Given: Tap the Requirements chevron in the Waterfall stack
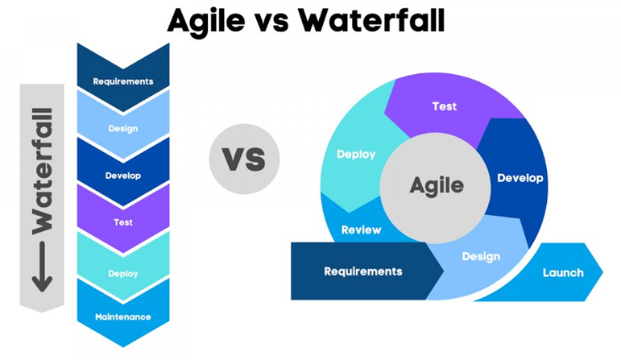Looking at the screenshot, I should coord(123,81).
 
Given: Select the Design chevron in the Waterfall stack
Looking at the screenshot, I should coord(123,128).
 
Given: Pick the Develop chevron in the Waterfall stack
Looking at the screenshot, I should coord(123,175).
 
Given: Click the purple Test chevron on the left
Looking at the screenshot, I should coord(123,221).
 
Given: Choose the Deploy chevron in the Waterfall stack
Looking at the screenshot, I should coord(123,273).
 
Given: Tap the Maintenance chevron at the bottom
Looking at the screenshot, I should coord(123,317).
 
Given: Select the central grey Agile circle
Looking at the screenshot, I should coord(437,186).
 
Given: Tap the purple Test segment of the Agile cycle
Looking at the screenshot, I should coord(445,106).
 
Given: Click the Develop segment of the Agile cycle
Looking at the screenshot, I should coord(519,178).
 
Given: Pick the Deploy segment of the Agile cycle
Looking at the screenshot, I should coord(355,154).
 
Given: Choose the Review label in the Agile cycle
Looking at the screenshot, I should coord(361,230).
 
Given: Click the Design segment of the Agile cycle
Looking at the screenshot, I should coord(480,256).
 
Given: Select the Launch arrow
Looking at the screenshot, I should coord(563,272).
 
